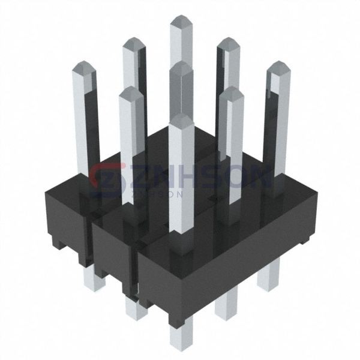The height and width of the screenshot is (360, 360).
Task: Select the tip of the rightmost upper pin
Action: [277, 66]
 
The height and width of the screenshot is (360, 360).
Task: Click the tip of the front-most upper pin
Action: [181, 118]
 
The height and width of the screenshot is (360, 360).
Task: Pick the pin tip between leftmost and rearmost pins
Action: [134, 43]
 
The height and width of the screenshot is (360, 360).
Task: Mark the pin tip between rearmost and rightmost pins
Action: [228, 43]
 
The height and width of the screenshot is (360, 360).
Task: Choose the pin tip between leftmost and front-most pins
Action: [131, 92]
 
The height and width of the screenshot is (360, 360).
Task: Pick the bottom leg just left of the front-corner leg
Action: [136, 307]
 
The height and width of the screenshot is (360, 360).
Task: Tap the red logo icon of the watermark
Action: [108, 178]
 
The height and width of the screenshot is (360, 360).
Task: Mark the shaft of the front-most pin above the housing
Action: [181, 180]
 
